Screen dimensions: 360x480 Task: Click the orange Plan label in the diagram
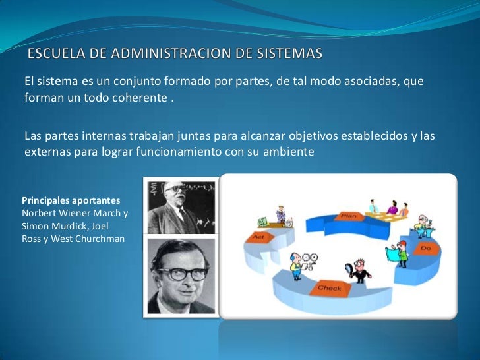(x=347, y=216)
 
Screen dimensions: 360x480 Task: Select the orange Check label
(x=329, y=288)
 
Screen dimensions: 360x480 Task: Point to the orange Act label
(x=255, y=235)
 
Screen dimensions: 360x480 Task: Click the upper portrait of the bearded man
(x=180, y=205)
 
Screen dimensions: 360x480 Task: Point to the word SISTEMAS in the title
(x=291, y=53)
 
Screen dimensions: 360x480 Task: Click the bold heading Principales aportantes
(x=71, y=199)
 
